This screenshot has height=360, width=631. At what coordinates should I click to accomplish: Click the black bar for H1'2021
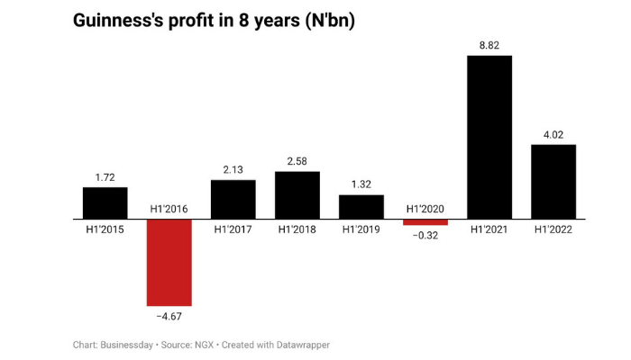tap(489, 137)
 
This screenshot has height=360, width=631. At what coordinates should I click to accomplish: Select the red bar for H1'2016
tap(169, 262)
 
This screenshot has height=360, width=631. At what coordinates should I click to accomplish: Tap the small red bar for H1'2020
tap(425, 222)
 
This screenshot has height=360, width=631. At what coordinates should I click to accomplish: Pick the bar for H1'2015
tap(105, 202)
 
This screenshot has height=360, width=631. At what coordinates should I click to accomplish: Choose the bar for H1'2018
tap(297, 194)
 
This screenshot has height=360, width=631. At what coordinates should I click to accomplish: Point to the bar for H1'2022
tap(553, 181)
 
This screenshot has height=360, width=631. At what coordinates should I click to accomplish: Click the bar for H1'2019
tap(361, 206)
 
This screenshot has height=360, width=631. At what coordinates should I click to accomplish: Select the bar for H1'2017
tap(233, 199)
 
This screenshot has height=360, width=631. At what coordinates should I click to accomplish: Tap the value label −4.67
tap(169, 316)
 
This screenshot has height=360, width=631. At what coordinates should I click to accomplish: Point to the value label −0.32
tap(425, 235)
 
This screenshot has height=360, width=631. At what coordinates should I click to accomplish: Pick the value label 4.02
tap(553, 134)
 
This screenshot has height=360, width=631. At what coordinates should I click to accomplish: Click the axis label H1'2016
tap(169, 209)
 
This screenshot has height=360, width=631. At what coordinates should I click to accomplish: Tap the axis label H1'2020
tap(425, 209)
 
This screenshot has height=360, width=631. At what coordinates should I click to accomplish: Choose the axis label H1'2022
tap(553, 229)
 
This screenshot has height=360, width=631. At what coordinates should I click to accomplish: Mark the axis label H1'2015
tap(105, 229)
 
